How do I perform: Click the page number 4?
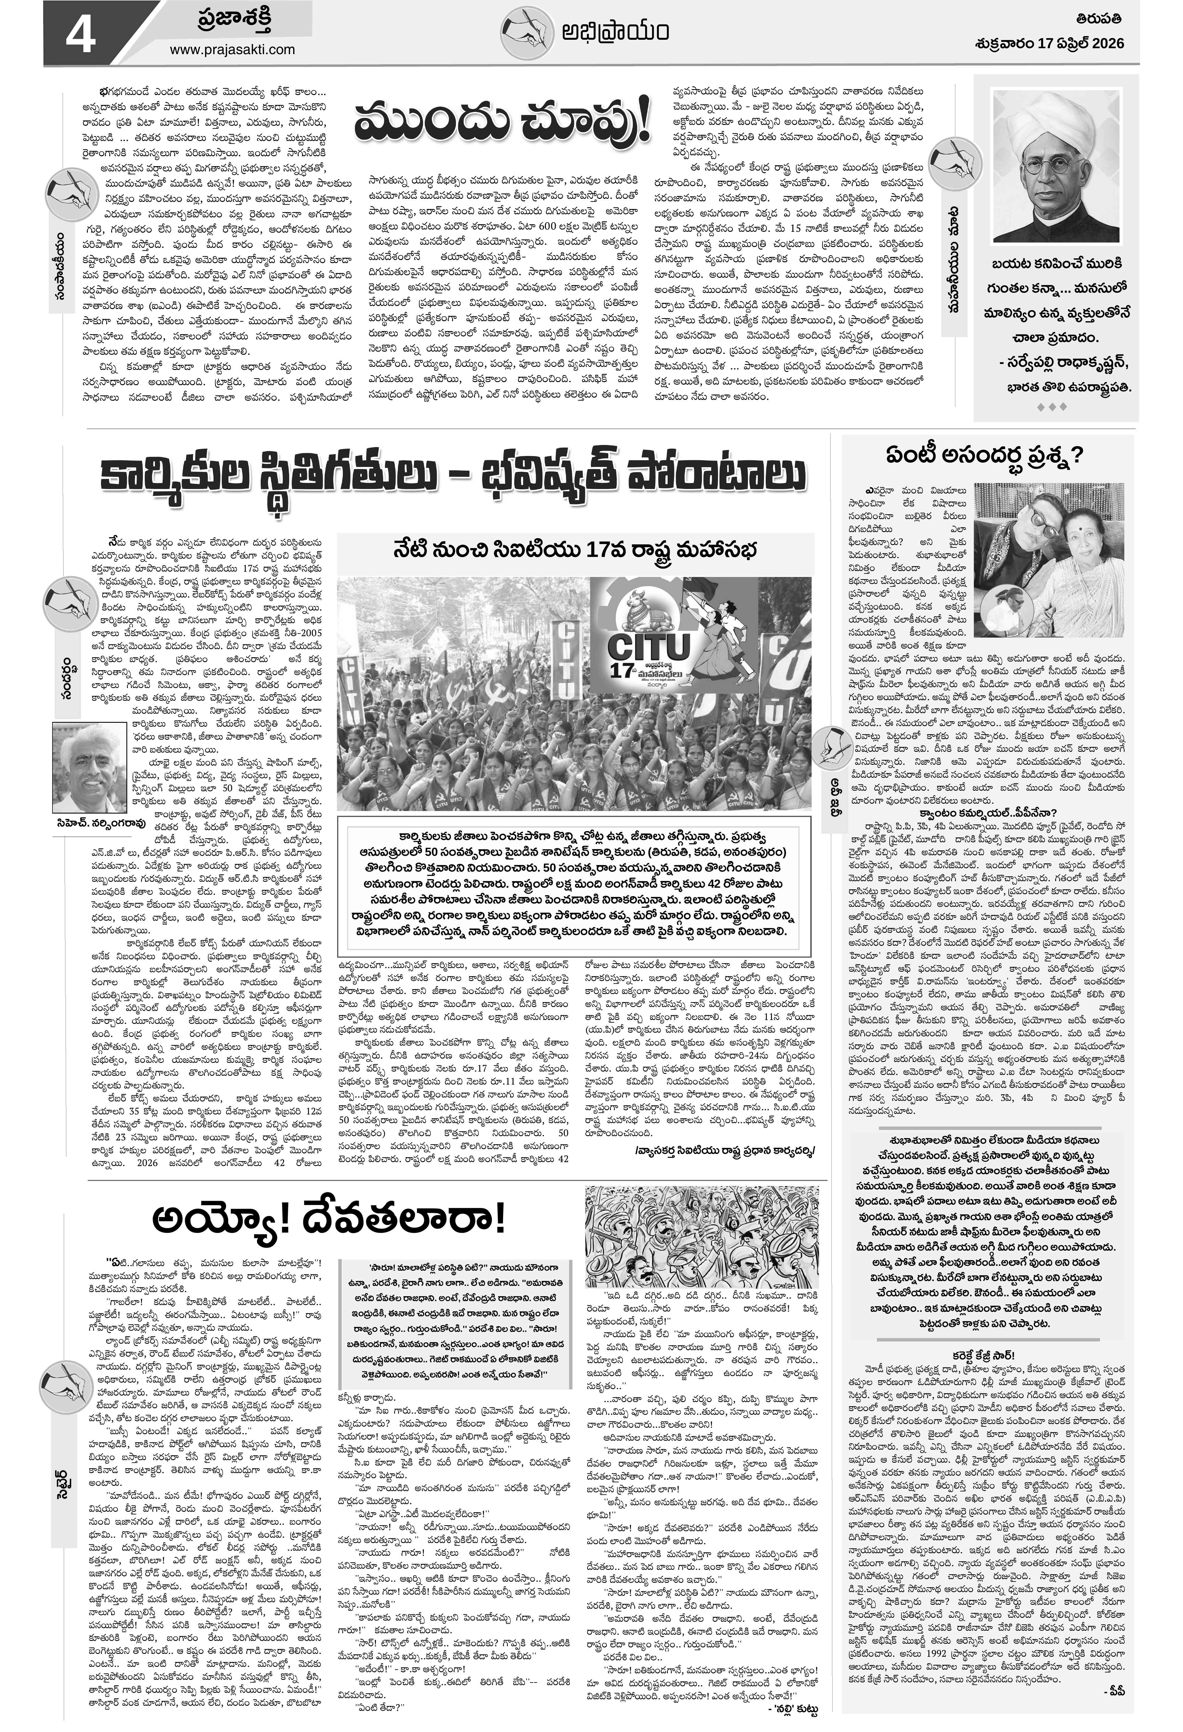click(77, 34)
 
